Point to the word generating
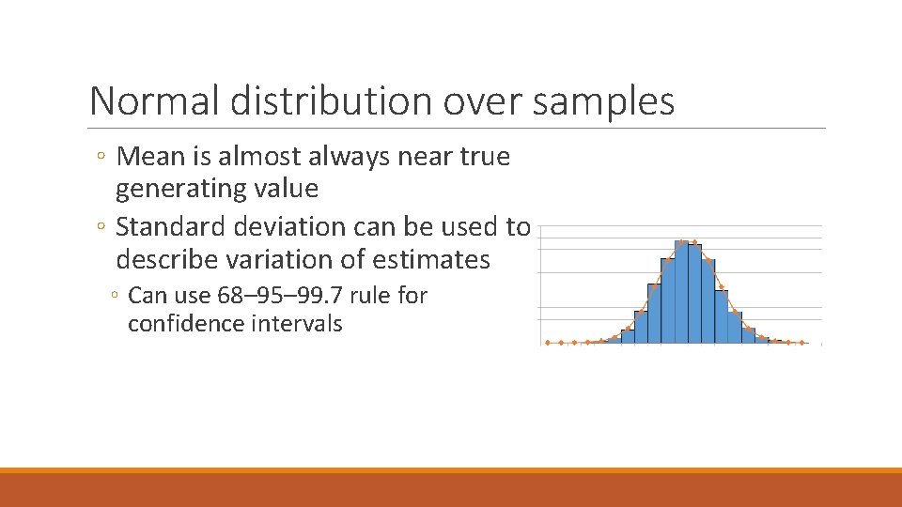coord(172,189)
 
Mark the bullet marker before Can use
coord(115,297)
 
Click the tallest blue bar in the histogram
coord(689,293)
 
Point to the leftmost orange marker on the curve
coord(548,343)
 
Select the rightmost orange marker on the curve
coord(802,343)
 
